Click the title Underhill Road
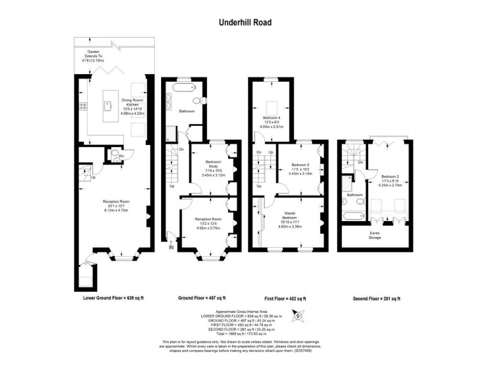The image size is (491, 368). click(x=245, y=22)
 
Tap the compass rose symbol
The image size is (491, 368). click(x=297, y=314)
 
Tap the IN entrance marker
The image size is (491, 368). click(x=171, y=247)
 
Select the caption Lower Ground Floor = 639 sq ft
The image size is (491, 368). click(x=113, y=298)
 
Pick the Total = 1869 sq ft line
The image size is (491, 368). click(x=245, y=333)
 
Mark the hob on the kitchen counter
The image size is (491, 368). click(x=82, y=105)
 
